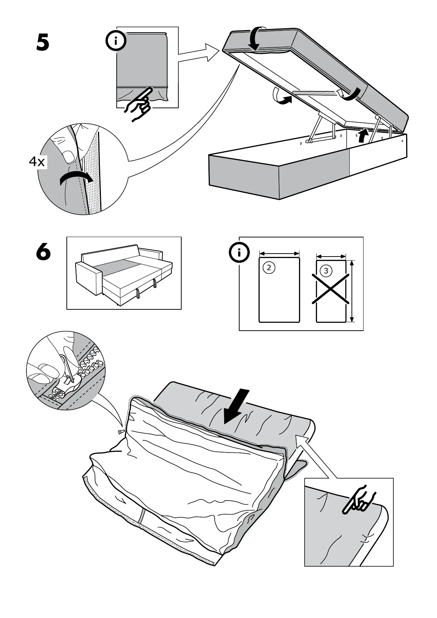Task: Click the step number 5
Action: coord(43,43)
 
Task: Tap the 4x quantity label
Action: coord(37,161)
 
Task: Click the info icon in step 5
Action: coord(116,41)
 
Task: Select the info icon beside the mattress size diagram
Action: coord(239,253)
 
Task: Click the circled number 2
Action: coord(269,268)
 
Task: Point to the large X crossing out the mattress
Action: coord(331,289)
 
